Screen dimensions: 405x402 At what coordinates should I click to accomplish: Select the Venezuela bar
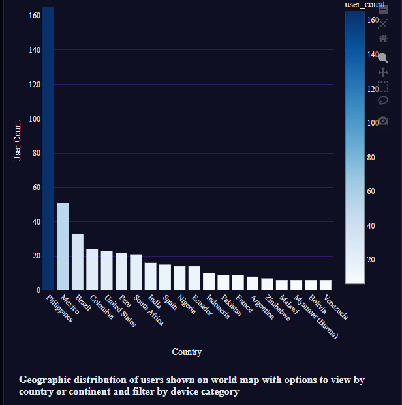point(326,285)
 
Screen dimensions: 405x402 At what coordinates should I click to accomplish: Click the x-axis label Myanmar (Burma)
point(315,318)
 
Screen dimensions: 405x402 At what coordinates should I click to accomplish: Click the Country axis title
point(187,352)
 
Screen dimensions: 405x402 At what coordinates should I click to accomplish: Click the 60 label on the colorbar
point(371,191)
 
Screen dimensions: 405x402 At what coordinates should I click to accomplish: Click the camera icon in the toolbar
point(383,120)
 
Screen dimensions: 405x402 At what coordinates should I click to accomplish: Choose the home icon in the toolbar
point(383,38)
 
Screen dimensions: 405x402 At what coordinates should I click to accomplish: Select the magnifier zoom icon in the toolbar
point(383,57)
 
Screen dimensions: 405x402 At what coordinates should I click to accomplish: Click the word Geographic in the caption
point(43,380)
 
